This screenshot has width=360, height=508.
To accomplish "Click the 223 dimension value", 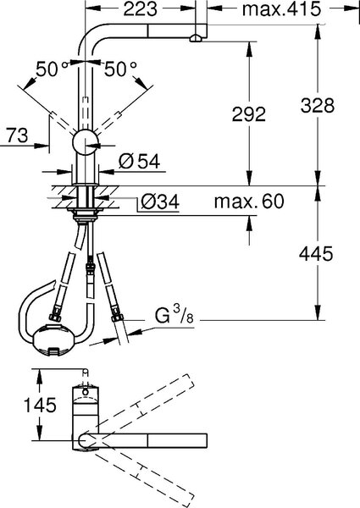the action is pos(141,9).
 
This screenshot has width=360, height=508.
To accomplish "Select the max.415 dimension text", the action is pos(281,9).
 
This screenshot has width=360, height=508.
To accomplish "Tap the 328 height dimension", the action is pos(318,105).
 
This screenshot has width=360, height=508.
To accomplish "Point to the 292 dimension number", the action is pos(249,114).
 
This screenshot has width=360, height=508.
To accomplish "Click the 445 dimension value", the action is pos(316,254).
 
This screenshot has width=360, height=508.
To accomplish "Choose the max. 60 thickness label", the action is pos(249,202).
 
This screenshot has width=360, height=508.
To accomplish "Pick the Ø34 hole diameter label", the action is pos(160,202).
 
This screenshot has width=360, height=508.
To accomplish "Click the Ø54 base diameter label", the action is pos(139,161).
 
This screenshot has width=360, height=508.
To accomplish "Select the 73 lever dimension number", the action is pos(18,135).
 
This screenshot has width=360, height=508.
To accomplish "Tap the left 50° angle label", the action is pos(52,69).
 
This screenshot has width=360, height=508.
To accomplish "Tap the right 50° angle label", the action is pos(120,69).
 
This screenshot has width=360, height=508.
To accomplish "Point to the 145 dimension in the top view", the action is pos(40,405).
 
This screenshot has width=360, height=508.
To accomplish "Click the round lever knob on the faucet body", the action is pos(85,142).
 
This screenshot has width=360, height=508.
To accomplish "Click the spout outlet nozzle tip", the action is pos(196,39).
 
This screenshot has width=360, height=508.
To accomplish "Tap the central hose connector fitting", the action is pos(90,266).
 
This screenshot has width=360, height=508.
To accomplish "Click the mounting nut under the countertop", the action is pos(85,215).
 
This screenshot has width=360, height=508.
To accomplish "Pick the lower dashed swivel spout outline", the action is pos(142,471).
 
